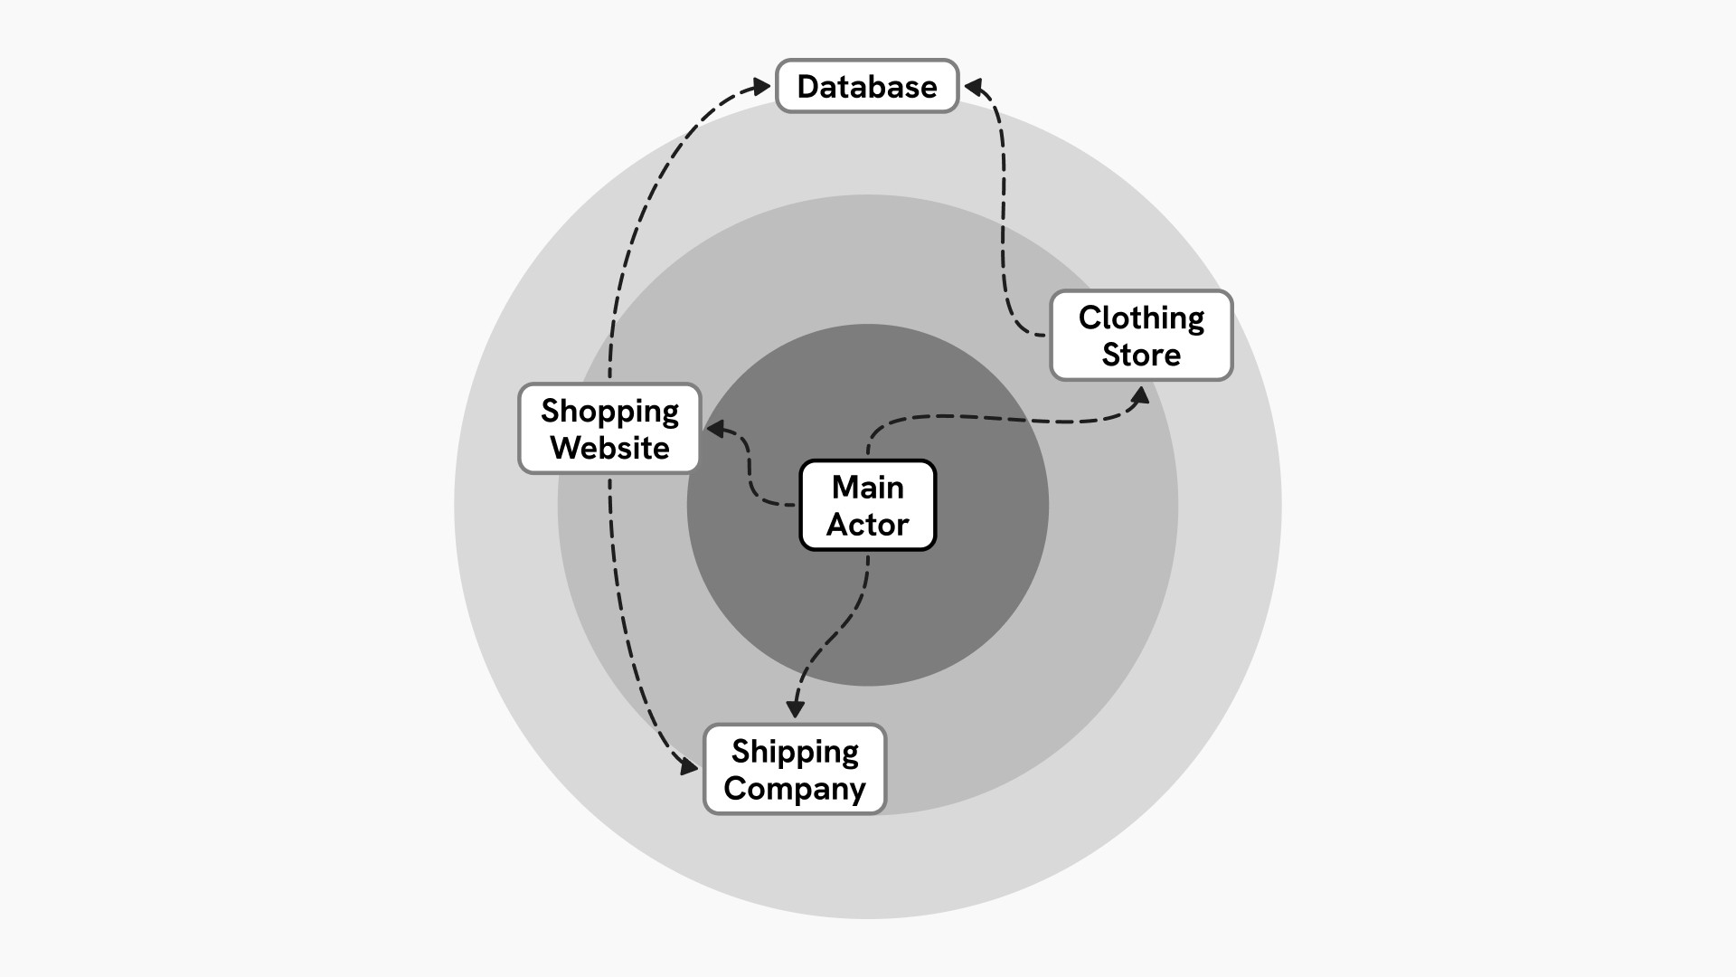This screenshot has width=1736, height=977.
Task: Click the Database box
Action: pos(866,86)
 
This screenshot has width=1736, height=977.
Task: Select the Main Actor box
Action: pos(867,505)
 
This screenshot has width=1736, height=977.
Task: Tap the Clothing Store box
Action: pos(1141,335)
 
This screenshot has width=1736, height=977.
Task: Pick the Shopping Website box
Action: pos(609,428)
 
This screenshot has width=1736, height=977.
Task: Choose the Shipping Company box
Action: pos(795,769)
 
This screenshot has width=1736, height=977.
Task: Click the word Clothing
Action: pos(1141,318)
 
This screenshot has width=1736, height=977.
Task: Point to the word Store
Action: pos(1141,354)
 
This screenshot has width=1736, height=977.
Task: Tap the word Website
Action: pos(609,447)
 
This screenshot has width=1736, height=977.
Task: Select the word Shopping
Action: pos(609,412)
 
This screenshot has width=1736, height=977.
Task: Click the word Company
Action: pos(795,788)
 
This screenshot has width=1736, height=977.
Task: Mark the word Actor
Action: pos(867,524)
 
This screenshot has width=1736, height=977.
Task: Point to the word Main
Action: pos(867,488)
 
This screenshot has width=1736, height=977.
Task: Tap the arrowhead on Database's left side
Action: pos(761,87)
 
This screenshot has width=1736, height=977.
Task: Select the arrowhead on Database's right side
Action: pos(974,88)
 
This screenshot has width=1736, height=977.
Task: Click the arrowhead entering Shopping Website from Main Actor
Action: pos(715,429)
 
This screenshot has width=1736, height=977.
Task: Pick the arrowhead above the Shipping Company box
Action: pos(795,708)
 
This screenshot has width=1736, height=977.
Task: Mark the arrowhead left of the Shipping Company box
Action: pos(688,766)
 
